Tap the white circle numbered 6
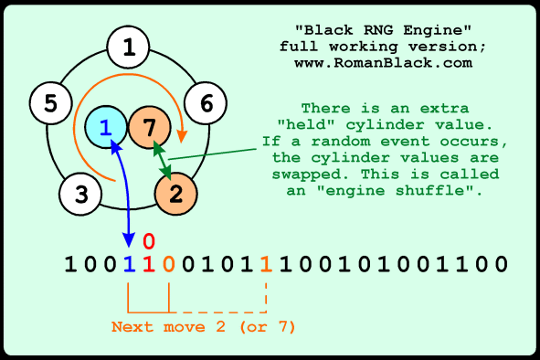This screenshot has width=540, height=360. pyautogui.click(x=206, y=102)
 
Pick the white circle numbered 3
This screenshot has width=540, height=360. pyautogui.click(x=81, y=193)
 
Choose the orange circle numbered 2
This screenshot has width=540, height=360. pyautogui.click(x=177, y=193)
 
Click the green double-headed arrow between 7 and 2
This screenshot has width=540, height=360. pyautogui.click(x=162, y=160)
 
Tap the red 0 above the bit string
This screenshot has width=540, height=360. pyautogui.click(x=149, y=241)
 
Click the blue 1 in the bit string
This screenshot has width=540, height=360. pyautogui.click(x=129, y=265)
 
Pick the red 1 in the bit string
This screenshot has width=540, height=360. pyautogui.click(x=149, y=265)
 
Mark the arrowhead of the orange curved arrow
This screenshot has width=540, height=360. pyautogui.click(x=182, y=138)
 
